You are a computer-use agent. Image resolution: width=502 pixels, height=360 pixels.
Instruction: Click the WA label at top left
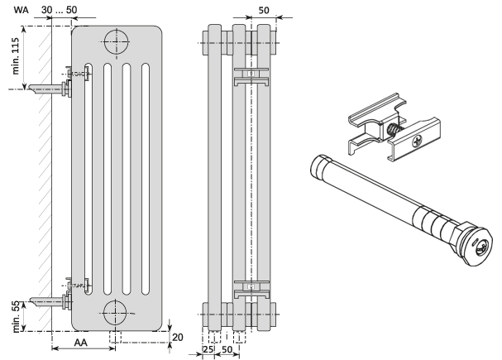19,8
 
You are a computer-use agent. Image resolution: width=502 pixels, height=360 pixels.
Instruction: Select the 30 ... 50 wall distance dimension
60,8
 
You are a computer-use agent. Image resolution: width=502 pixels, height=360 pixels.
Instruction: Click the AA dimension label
80,342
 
